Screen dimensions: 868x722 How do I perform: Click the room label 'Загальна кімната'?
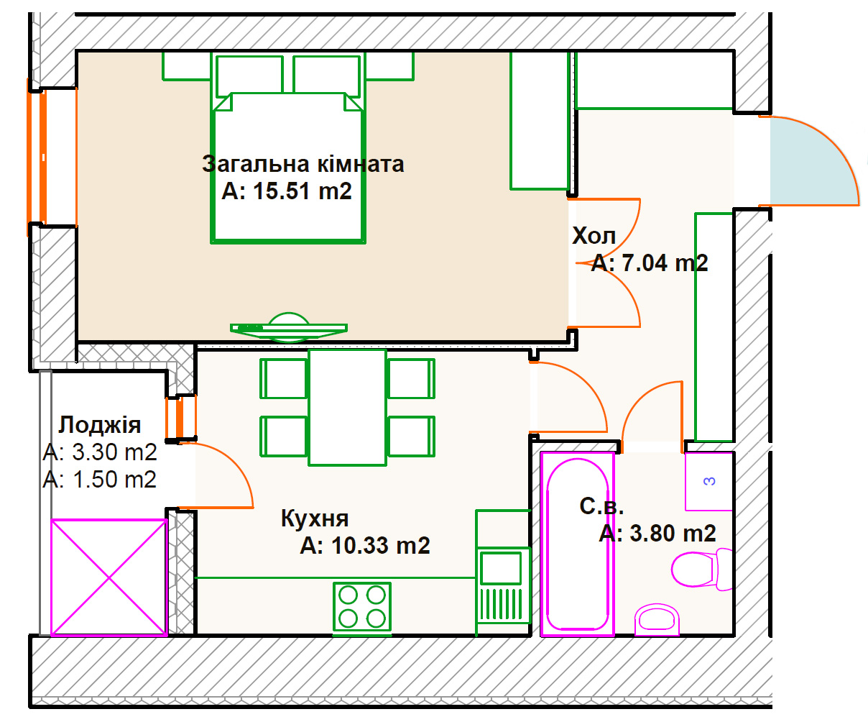click(303, 165)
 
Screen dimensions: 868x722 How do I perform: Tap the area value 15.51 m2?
click(287, 191)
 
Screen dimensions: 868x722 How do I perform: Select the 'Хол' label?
click(594, 236)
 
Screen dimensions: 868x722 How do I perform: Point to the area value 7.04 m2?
click(650, 263)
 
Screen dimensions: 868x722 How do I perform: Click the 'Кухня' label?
click(315, 518)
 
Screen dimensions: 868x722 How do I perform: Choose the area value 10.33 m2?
click(365, 546)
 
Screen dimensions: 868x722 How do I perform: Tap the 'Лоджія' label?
click(100, 425)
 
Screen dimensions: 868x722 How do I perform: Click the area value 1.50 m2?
click(100, 480)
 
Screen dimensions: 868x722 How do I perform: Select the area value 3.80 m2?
click(657, 534)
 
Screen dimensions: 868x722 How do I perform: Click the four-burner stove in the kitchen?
click(362, 607)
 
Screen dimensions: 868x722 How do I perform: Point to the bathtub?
click(578, 544)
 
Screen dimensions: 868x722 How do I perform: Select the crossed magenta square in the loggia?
click(109, 578)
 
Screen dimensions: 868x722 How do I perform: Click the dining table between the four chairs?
click(348, 408)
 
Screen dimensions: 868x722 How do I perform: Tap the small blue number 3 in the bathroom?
click(709, 481)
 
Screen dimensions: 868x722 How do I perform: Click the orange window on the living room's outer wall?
click(37, 157)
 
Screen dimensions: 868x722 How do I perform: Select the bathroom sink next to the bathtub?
click(657, 620)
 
